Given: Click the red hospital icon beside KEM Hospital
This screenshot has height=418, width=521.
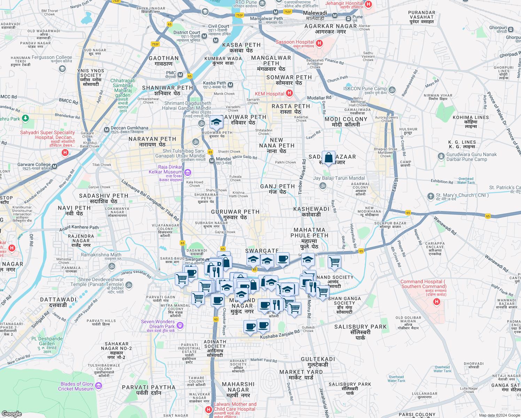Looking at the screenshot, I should (289, 93).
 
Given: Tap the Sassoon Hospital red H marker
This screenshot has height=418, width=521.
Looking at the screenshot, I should (319, 43).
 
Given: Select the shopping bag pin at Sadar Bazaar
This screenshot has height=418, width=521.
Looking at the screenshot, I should (328, 158).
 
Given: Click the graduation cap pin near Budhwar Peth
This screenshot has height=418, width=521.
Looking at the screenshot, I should (216, 122).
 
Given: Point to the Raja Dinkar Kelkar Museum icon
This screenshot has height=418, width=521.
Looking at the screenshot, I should (188, 172).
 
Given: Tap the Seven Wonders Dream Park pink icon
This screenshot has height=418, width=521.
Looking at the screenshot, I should (180, 325).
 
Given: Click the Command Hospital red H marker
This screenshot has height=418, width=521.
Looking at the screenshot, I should (437, 302).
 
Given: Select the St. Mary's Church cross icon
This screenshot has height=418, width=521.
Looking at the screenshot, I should (430, 196).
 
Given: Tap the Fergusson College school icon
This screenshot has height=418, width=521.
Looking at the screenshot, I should (62, 69).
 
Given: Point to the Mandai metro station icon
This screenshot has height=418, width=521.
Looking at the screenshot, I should (212, 161).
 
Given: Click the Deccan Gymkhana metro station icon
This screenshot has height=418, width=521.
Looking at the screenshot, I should (107, 130).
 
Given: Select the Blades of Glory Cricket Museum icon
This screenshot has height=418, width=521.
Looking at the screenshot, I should (98, 386).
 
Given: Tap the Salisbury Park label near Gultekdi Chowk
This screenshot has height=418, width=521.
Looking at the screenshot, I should (360, 330).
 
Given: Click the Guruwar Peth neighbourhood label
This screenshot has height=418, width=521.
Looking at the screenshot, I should (235, 214).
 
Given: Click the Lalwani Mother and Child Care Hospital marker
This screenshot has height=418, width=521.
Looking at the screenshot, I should (209, 409).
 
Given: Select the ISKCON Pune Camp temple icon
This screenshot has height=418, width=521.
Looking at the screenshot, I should (392, 90).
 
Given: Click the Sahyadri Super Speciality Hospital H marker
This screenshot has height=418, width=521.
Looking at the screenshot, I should (65, 153).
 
